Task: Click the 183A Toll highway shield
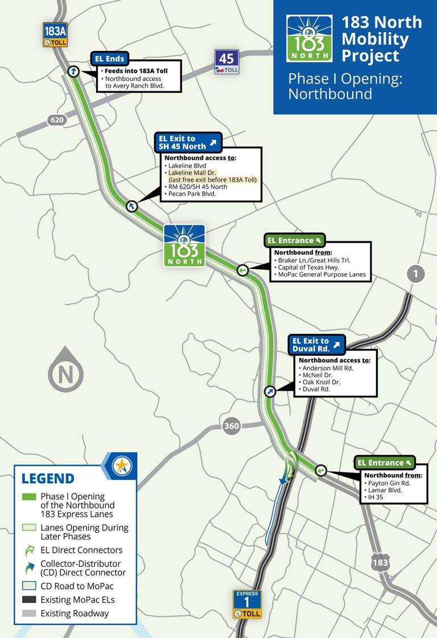55,35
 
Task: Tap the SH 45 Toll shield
226,61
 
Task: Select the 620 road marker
57,120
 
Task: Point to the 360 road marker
232,426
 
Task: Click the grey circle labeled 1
415,274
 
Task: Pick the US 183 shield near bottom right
380,562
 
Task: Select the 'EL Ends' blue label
110,59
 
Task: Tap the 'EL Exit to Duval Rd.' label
316,344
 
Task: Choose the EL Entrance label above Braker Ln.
294,240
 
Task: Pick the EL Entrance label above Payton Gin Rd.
384,463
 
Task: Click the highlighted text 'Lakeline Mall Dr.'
193,172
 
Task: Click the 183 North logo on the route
184,245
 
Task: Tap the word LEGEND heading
48,479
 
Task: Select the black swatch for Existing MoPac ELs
29,599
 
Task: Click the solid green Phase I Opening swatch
29,497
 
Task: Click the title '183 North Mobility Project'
381,39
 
